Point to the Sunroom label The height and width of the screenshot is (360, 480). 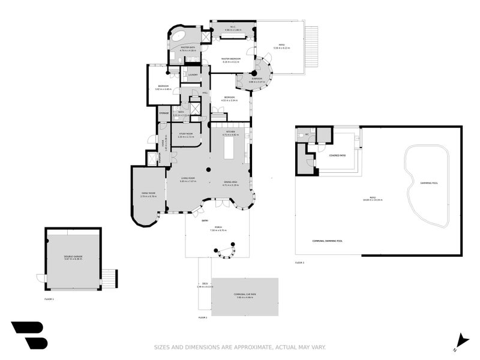(x=256, y=80)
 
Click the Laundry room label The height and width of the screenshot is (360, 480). (x=193, y=75)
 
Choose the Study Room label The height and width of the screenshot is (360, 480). (x=185, y=134)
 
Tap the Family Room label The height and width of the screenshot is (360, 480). (x=148, y=194)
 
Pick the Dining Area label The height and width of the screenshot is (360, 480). (x=230, y=184)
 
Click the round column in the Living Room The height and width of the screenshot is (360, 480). (x=208, y=170)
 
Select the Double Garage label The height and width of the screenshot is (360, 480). (x=73, y=257)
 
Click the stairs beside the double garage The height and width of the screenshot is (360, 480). (x=109, y=278)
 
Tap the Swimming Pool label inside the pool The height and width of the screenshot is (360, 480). (x=429, y=182)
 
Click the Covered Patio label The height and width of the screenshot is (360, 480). (x=338, y=155)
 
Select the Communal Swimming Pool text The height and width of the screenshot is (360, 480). (x=327, y=241)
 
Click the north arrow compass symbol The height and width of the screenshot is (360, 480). (x=460, y=340)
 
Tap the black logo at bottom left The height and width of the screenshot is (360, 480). (x=29, y=335)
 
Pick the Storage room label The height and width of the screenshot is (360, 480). (x=164, y=112)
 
